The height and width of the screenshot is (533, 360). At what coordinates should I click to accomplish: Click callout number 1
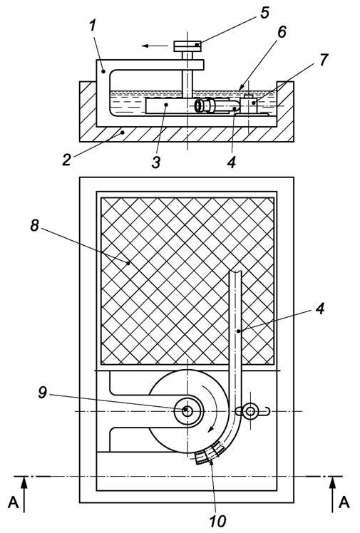pyautogui.click(x=93, y=26)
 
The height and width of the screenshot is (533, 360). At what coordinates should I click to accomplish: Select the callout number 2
pyautogui.click(x=66, y=160)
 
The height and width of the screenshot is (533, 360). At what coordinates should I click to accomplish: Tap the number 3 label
pyautogui.click(x=155, y=162)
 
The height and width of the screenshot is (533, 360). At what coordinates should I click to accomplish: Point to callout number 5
pyautogui.click(x=264, y=13)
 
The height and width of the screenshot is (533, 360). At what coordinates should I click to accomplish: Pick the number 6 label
pyautogui.click(x=282, y=31)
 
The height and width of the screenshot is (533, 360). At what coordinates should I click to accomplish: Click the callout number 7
pyautogui.click(x=323, y=60)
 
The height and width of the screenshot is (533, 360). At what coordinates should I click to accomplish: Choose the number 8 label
pyautogui.click(x=35, y=225)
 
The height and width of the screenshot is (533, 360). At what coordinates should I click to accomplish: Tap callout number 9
pyautogui.click(x=42, y=393)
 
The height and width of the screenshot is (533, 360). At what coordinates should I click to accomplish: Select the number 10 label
pyautogui.click(x=217, y=521)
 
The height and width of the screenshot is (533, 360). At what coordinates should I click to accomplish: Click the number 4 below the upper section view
pyautogui.click(x=232, y=162)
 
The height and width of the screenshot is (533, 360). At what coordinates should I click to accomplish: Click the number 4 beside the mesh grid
pyautogui.click(x=319, y=309)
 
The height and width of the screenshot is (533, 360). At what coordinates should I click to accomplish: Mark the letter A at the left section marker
pyautogui.click(x=13, y=502)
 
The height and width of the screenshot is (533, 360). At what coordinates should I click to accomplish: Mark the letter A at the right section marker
pyautogui.click(x=344, y=502)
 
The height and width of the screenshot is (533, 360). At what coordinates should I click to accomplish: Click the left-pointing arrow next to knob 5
pyautogui.click(x=155, y=46)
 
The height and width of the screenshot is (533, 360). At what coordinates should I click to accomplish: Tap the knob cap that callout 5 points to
pyautogui.click(x=187, y=46)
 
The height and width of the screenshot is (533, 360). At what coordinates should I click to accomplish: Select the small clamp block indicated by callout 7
pyautogui.click(x=250, y=105)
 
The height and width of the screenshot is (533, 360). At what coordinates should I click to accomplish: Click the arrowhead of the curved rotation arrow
pyautogui.click(x=212, y=430)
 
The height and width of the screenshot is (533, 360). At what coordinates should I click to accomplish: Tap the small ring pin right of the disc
pyautogui.click(x=251, y=411)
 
